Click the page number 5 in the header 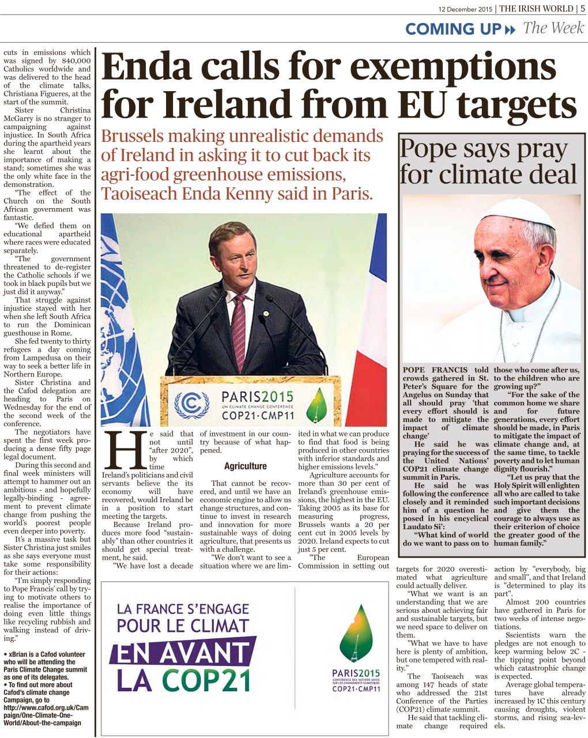point(582,8)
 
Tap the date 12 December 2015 point(466,9)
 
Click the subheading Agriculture point(246,466)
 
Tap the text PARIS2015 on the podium point(257,397)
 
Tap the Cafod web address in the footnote point(46,711)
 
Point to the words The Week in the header point(553,28)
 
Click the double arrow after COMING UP point(510,29)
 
